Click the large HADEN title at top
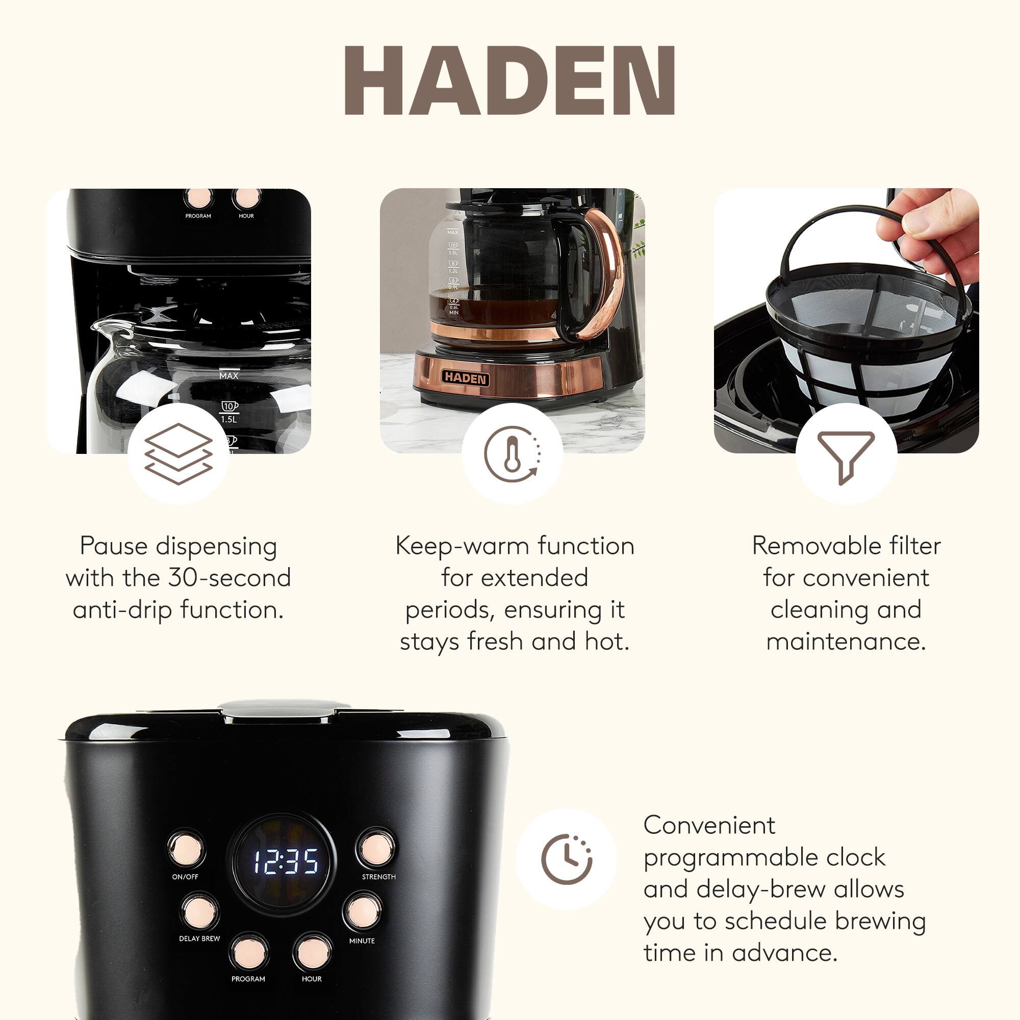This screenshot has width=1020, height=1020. click(x=509, y=80)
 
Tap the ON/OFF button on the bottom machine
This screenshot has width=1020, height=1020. click(x=186, y=849)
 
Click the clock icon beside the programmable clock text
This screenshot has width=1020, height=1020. click(x=567, y=859)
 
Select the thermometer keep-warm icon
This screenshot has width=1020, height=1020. click(x=512, y=454)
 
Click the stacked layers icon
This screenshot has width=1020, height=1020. click(x=178, y=454)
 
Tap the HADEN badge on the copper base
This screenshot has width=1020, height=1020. click(x=465, y=377)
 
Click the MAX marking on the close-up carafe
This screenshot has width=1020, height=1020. click(x=228, y=376)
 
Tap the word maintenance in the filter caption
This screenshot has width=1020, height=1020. click(x=846, y=642)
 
